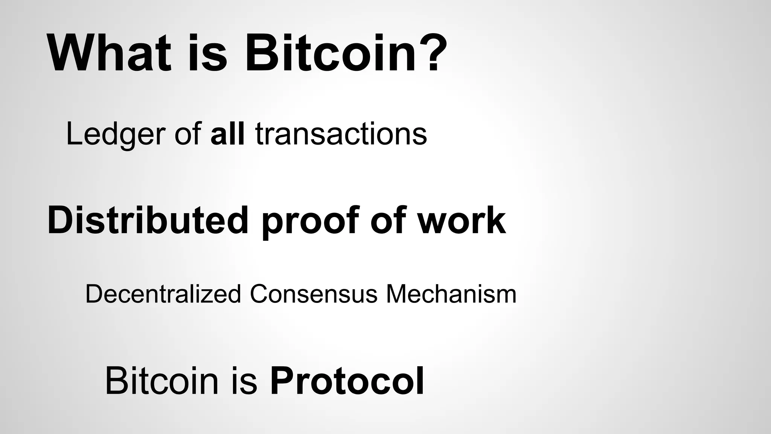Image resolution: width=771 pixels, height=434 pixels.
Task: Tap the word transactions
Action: (x=341, y=134)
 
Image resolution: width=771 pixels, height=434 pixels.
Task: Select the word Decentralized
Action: (x=163, y=294)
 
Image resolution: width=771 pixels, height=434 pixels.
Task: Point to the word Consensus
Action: (x=313, y=294)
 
